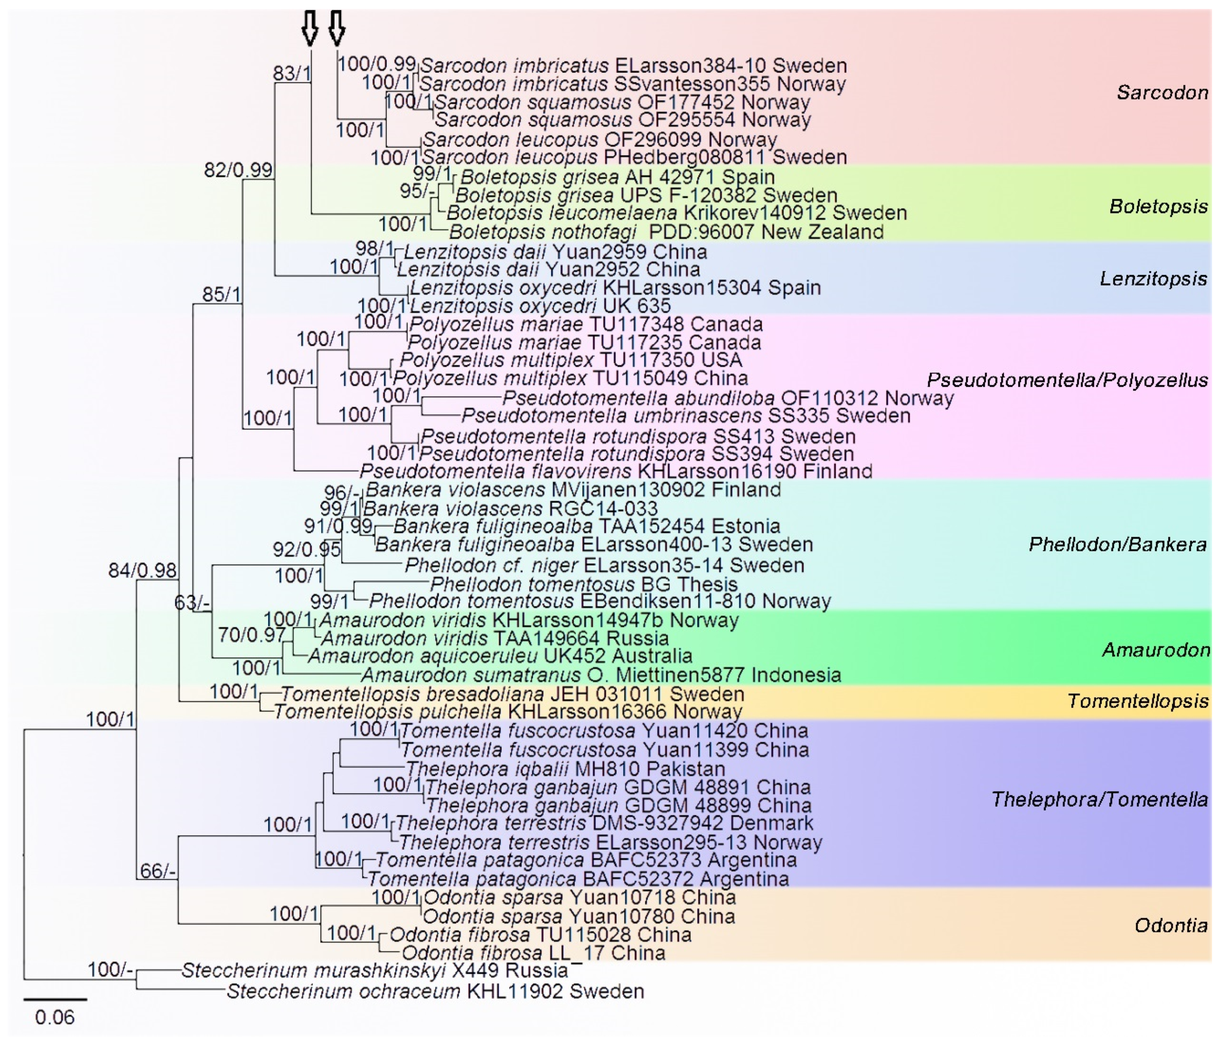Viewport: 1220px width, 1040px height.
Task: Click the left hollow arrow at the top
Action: click(x=310, y=28)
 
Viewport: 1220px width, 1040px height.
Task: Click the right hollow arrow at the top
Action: click(x=336, y=28)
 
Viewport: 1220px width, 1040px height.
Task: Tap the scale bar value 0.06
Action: click(x=55, y=1018)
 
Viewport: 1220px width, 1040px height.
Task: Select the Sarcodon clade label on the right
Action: click(x=1162, y=92)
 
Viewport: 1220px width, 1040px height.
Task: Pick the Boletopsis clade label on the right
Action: click(x=1158, y=207)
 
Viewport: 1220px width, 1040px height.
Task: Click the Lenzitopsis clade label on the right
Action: click(x=1153, y=279)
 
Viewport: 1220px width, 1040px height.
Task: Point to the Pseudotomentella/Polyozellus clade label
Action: click(x=1067, y=380)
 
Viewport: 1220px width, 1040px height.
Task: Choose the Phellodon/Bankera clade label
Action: click(x=1117, y=545)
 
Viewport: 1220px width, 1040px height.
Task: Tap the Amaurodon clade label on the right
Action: click(x=1156, y=650)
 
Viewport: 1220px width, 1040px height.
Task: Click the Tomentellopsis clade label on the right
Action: click(x=1138, y=701)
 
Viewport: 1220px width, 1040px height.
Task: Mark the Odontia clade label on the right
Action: click(x=1170, y=926)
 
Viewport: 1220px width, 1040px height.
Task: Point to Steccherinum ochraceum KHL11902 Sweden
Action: click(x=435, y=992)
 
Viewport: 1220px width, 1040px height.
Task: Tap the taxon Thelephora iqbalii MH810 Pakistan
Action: click(x=565, y=769)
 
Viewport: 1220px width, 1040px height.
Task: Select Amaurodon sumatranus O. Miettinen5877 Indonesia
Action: click(x=601, y=675)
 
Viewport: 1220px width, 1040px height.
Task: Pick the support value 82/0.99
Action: click(x=238, y=170)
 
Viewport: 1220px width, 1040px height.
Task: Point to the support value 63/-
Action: click(x=191, y=603)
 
